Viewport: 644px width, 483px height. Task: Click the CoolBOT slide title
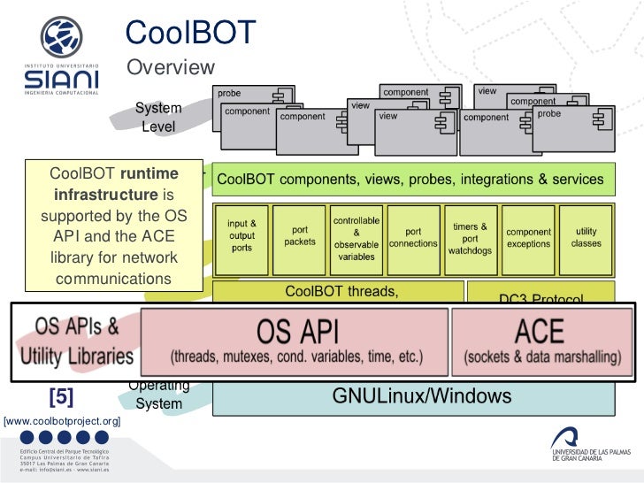tap(189, 33)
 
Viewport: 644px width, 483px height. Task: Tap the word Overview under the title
tap(172, 67)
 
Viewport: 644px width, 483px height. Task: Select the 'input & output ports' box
tap(241, 236)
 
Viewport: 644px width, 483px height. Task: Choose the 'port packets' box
tap(294, 236)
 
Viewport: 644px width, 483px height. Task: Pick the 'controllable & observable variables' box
tap(356, 236)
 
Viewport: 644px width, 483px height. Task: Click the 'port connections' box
tap(412, 236)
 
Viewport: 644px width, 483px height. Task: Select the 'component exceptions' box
tap(528, 236)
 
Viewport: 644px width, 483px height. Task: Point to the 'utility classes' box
tap(586, 236)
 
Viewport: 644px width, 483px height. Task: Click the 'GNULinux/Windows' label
tap(410, 396)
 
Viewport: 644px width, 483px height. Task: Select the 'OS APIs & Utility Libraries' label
tap(77, 342)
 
